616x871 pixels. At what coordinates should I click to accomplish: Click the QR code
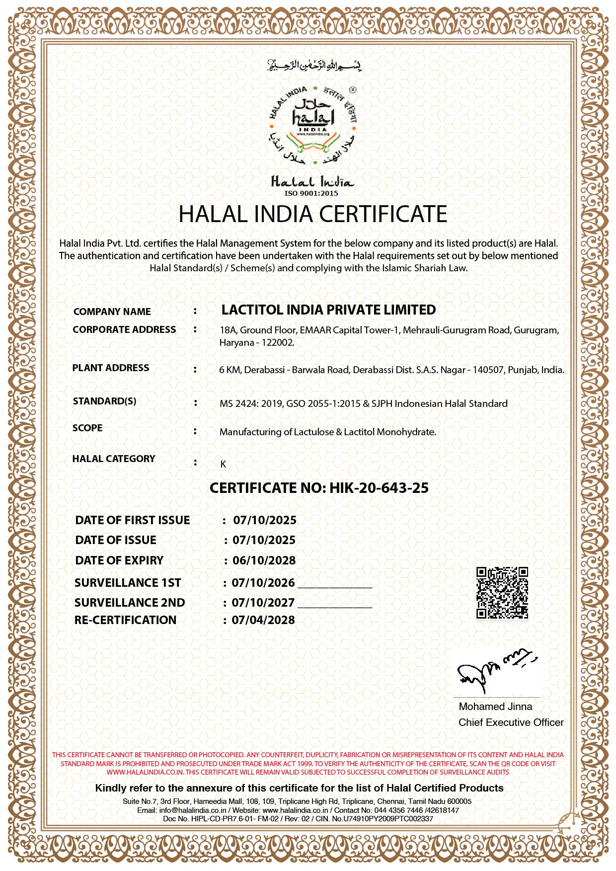(x=502, y=593)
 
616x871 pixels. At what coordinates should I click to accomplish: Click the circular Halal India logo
(x=313, y=126)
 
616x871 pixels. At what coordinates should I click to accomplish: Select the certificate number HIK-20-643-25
(x=379, y=488)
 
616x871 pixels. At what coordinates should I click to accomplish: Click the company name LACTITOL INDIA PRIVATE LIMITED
(x=328, y=310)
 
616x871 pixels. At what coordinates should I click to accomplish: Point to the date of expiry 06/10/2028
(x=264, y=560)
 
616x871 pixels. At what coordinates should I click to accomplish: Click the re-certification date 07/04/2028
(x=263, y=620)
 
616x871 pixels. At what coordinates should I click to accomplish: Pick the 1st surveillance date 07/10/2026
(x=263, y=583)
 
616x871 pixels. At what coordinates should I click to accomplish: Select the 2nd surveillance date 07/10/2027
(x=263, y=603)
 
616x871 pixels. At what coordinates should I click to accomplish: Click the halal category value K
(x=223, y=464)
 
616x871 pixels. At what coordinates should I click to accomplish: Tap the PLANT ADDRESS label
(x=111, y=368)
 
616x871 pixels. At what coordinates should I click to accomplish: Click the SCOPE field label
(x=87, y=428)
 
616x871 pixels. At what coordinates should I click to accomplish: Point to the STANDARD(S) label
(x=104, y=401)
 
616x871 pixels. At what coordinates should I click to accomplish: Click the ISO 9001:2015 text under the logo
(x=311, y=193)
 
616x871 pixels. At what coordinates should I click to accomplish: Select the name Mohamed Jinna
(x=495, y=707)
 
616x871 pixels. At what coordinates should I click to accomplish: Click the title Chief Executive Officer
(x=511, y=722)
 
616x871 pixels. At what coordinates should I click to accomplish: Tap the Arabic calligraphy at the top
(x=314, y=65)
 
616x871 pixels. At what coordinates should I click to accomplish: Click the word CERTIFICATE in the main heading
(x=383, y=214)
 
